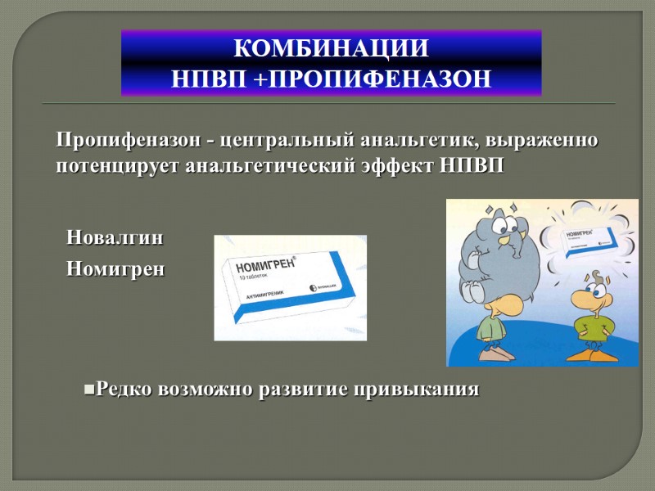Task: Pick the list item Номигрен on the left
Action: (x=115, y=268)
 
